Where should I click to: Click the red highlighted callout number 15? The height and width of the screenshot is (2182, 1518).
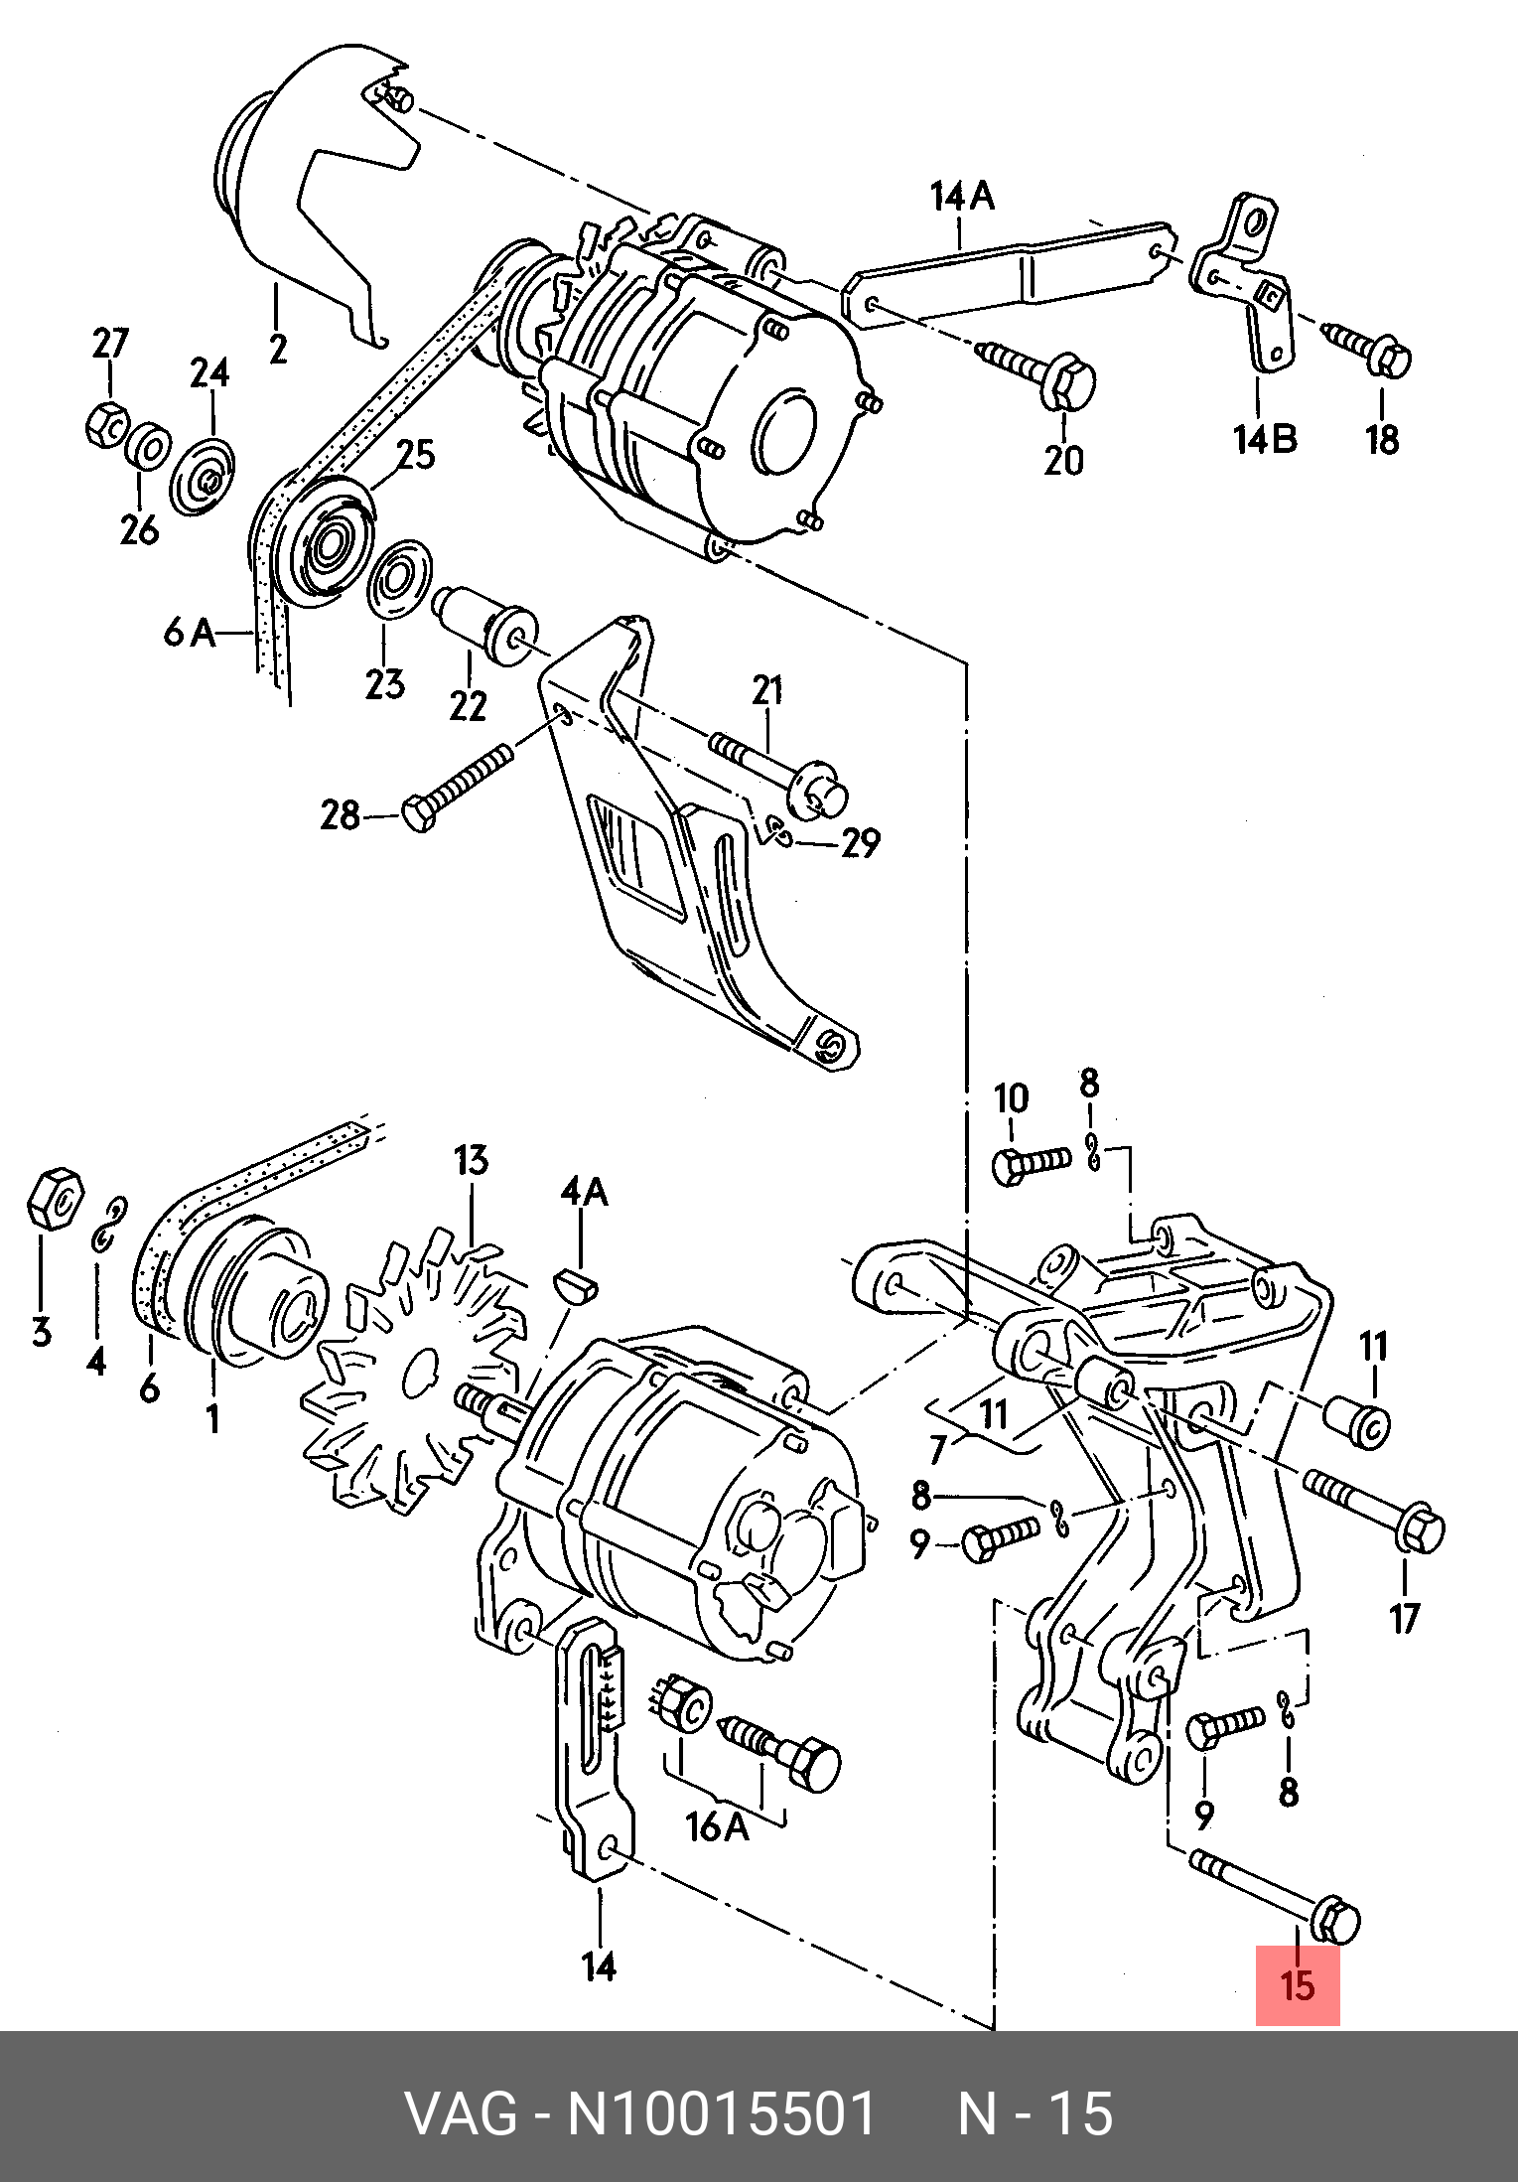point(1298,1985)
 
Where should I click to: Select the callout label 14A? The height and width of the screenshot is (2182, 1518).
point(962,196)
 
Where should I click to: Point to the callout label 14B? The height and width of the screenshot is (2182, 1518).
point(1265,438)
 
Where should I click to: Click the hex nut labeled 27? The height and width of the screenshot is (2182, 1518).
point(105,426)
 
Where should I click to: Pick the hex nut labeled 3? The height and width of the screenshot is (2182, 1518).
point(55,1198)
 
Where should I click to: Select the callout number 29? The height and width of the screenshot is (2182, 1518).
point(860,842)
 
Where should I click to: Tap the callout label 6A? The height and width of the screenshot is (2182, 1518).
point(191,631)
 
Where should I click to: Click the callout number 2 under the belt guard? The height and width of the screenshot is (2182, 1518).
point(277,349)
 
